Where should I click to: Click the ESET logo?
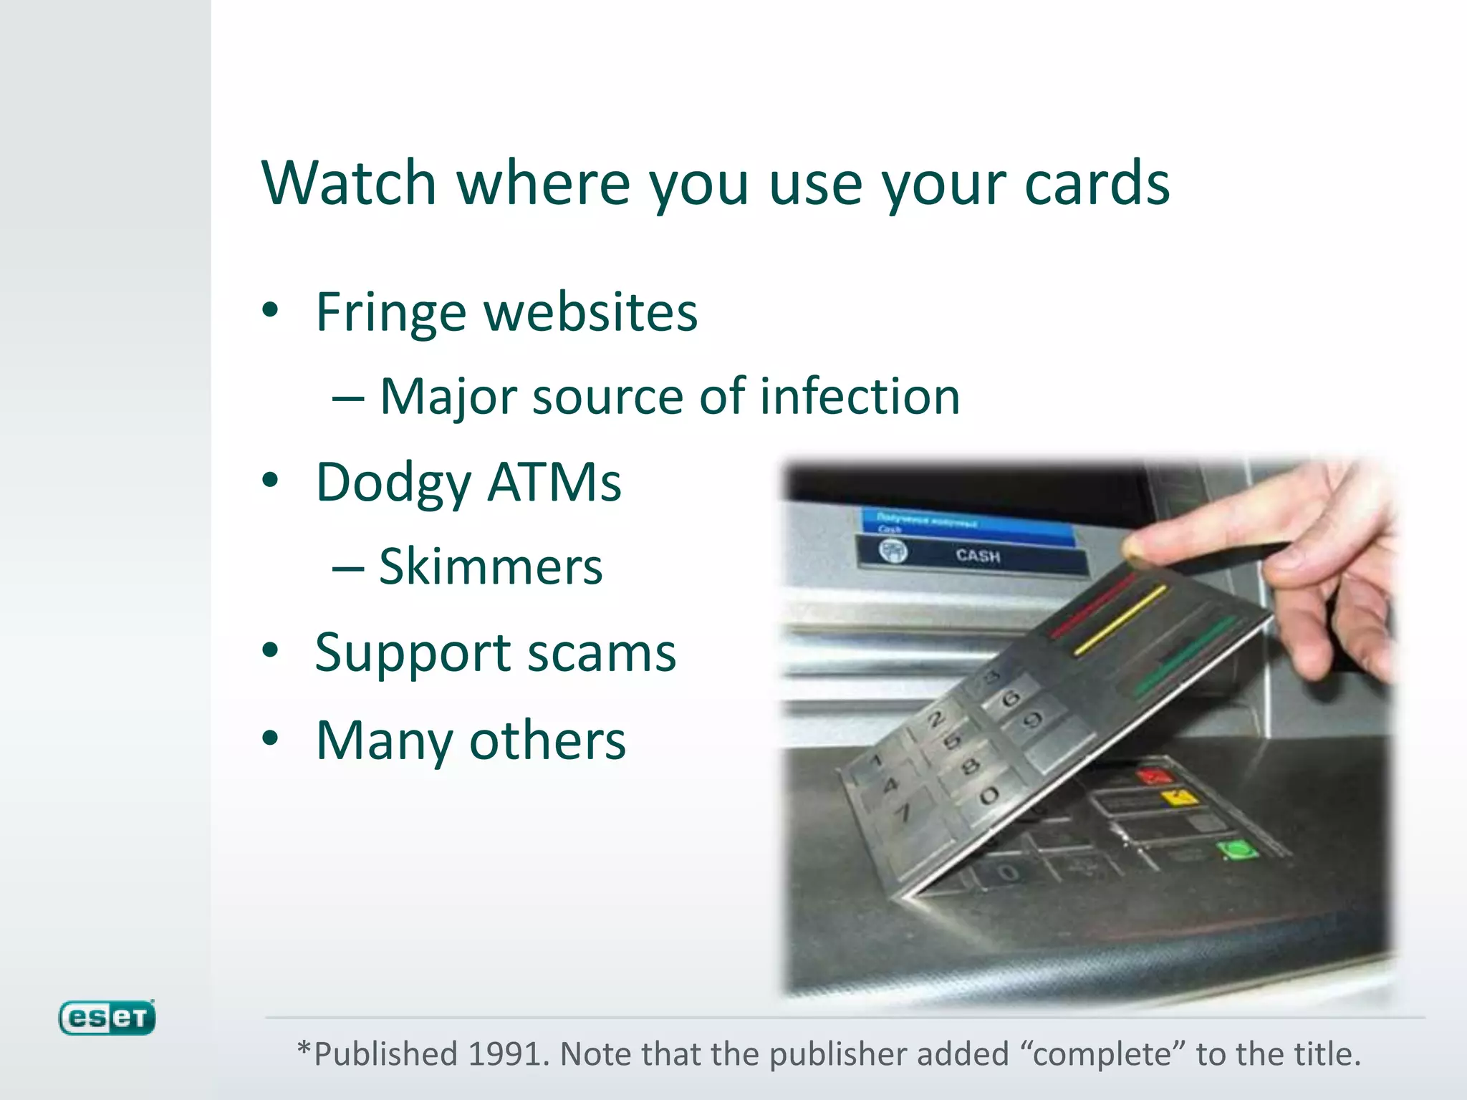(x=107, y=1018)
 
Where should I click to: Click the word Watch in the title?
(x=349, y=183)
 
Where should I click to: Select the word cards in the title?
(x=1097, y=183)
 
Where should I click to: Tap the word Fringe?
(x=391, y=313)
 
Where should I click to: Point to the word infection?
(x=859, y=396)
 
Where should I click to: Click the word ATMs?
(x=554, y=483)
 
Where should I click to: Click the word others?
(x=547, y=740)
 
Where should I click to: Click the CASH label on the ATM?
(x=977, y=556)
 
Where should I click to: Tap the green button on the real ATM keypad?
(x=1236, y=850)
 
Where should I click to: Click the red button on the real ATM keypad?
(x=1154, y=776)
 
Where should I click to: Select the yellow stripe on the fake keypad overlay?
(x=1120, y=620)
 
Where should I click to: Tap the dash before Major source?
(x=348, y=397)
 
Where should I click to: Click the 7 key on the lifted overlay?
(x=905, y=812)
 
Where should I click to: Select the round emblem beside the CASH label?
(x=893, y=551)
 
